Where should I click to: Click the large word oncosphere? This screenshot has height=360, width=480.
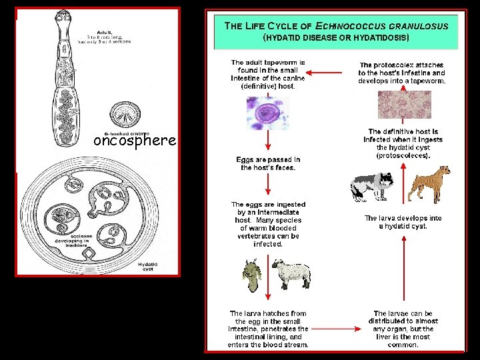click(x=135, y=141)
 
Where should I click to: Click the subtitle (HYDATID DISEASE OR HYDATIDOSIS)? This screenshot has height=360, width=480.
click(x=336, y=38)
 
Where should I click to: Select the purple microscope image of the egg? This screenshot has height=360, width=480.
click(x=269, y=111)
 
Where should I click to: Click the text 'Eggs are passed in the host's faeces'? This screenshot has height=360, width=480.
click(x=268, y=163)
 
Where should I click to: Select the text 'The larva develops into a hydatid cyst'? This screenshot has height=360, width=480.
click(x=403, y=222)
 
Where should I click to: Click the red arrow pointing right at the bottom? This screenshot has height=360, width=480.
click(x=336, y=329)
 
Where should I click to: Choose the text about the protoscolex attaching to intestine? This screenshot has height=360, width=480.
click(x=402, y=73)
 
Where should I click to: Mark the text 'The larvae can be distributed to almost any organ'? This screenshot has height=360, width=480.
click(x=403, y=329)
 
